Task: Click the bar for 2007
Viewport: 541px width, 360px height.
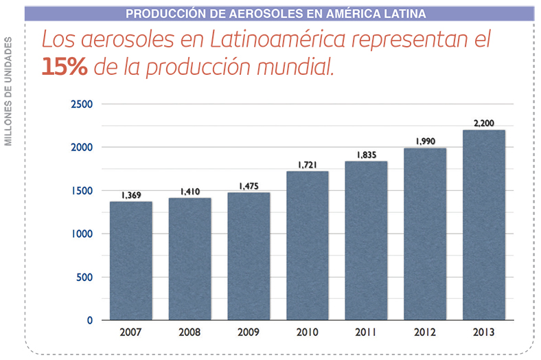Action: tap(130, 260)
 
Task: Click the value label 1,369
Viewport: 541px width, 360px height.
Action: tap(130, 195)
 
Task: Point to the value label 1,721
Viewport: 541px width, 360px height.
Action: tap(308, 165)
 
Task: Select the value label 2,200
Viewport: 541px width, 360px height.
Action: tap(484, 124)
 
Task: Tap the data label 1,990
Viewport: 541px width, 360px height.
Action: tap(425, 142)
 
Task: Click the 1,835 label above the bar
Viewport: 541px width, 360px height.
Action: tap(367, 155)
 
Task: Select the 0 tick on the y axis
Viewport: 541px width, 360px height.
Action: tap(89, 320)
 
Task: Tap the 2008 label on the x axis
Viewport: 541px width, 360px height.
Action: tap(189, 333)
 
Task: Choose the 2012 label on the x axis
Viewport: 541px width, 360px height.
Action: tap(425, 333)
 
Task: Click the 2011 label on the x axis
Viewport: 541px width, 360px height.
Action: tap(367, 333)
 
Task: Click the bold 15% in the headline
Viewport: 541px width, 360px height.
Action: tap(63, 66)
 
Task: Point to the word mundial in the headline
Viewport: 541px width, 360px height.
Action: tap(298, 67)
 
